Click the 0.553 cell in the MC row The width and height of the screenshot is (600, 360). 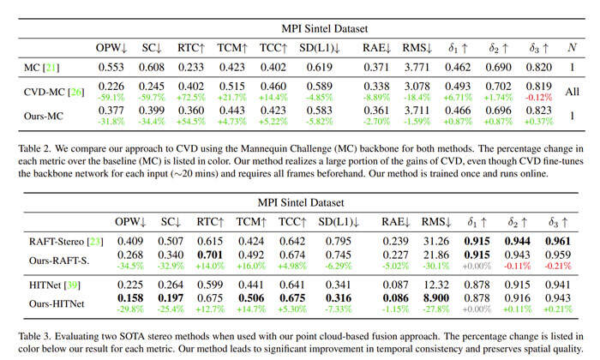(x=113, y=66)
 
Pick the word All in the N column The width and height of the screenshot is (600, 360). (x=572, y=91)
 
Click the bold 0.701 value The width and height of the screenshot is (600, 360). (x=209, y=255)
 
